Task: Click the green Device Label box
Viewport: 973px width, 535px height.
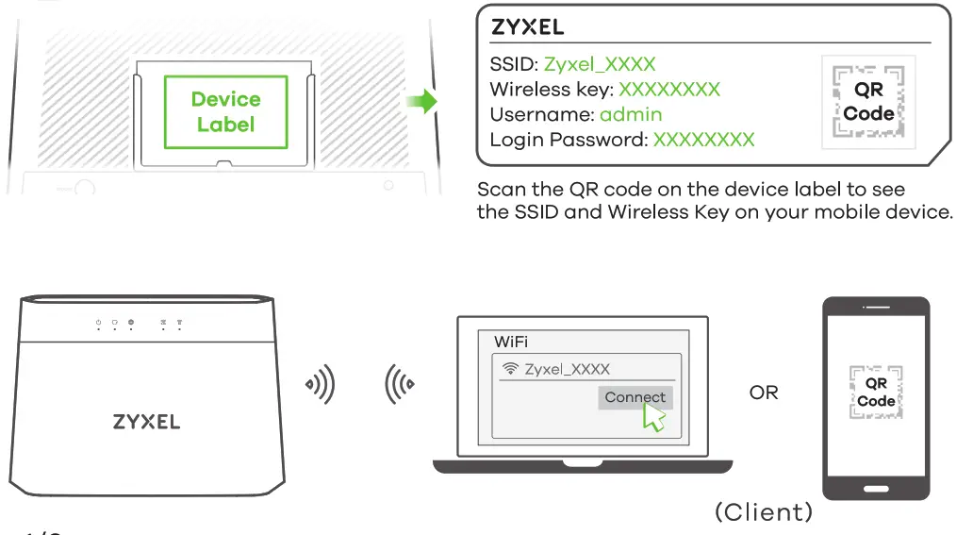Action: coord(225,111)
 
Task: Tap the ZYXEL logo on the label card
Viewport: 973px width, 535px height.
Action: coord(527,26)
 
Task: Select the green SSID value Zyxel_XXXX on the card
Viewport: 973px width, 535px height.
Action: coord(599,65)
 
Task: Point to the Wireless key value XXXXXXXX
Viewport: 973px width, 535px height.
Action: coord(668,90)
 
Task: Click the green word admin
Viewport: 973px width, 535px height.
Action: coord(631,115)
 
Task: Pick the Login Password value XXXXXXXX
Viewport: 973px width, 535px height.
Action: coord(703,140)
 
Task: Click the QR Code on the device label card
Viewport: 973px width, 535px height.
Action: coord(868,102)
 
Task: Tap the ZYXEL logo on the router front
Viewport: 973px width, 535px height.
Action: coord(146,421)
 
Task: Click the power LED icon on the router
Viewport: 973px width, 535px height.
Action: coord(98,323)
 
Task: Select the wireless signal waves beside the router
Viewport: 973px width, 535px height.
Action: coord(319,385)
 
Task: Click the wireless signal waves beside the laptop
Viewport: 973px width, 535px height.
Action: coord(399,385)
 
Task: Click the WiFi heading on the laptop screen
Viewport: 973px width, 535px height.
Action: coord(511,341)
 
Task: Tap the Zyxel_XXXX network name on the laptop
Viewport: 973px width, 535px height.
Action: coord(567,369)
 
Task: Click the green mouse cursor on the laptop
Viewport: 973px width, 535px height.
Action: coord(652,418)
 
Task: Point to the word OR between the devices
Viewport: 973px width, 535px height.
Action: coord(764,392)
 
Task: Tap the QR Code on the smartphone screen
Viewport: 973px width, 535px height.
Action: coord(876,392)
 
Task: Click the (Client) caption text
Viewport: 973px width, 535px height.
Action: coord(763,511)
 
